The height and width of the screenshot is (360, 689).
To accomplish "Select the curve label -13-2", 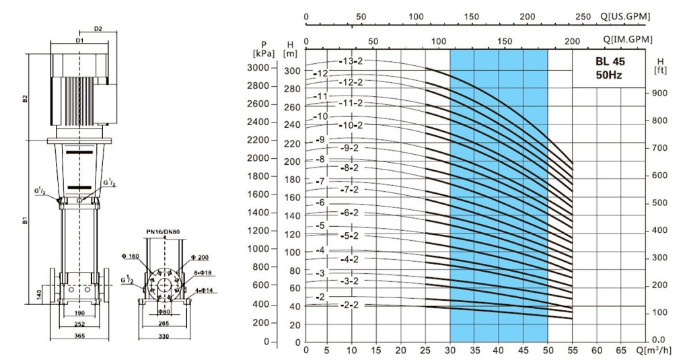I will (x=351, y=61).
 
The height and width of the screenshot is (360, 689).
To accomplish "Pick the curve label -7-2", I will (x=351, y=190).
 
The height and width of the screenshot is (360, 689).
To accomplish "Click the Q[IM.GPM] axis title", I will (x=627, y=40).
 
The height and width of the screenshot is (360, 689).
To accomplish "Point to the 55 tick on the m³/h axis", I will (x=572, y=350).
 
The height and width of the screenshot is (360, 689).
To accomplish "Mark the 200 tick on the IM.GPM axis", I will (x=573, y=41).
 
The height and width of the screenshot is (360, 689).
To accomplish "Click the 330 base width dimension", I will (x=164, y=336).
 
